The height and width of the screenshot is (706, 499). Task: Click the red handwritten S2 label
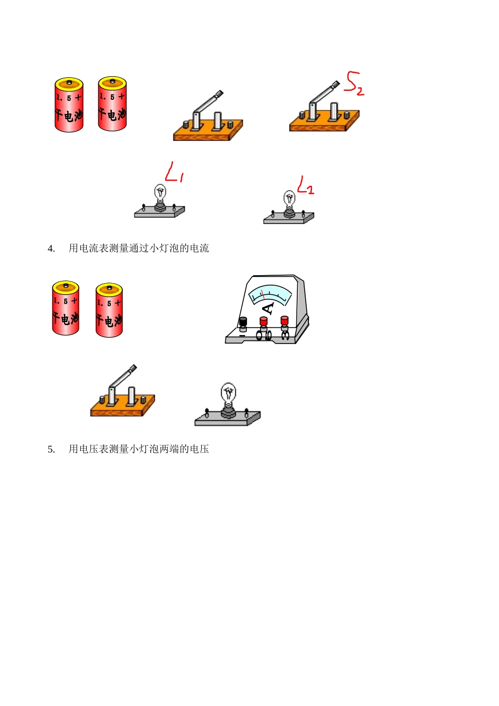(354, 84)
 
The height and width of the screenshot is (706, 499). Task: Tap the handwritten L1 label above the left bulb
(174, 172)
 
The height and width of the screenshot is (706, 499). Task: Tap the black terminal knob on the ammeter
(243, 321)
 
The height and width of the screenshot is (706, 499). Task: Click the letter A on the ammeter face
(268, 308)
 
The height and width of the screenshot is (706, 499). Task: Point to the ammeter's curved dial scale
(270, 294)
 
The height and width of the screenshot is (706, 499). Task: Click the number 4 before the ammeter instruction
(51, 248)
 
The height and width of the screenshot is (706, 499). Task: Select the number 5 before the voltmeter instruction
(51, 449)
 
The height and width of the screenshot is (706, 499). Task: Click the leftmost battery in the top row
(69, 105)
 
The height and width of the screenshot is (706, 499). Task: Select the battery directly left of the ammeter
(109, 310)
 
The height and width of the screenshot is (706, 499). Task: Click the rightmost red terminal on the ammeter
(285, 320)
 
